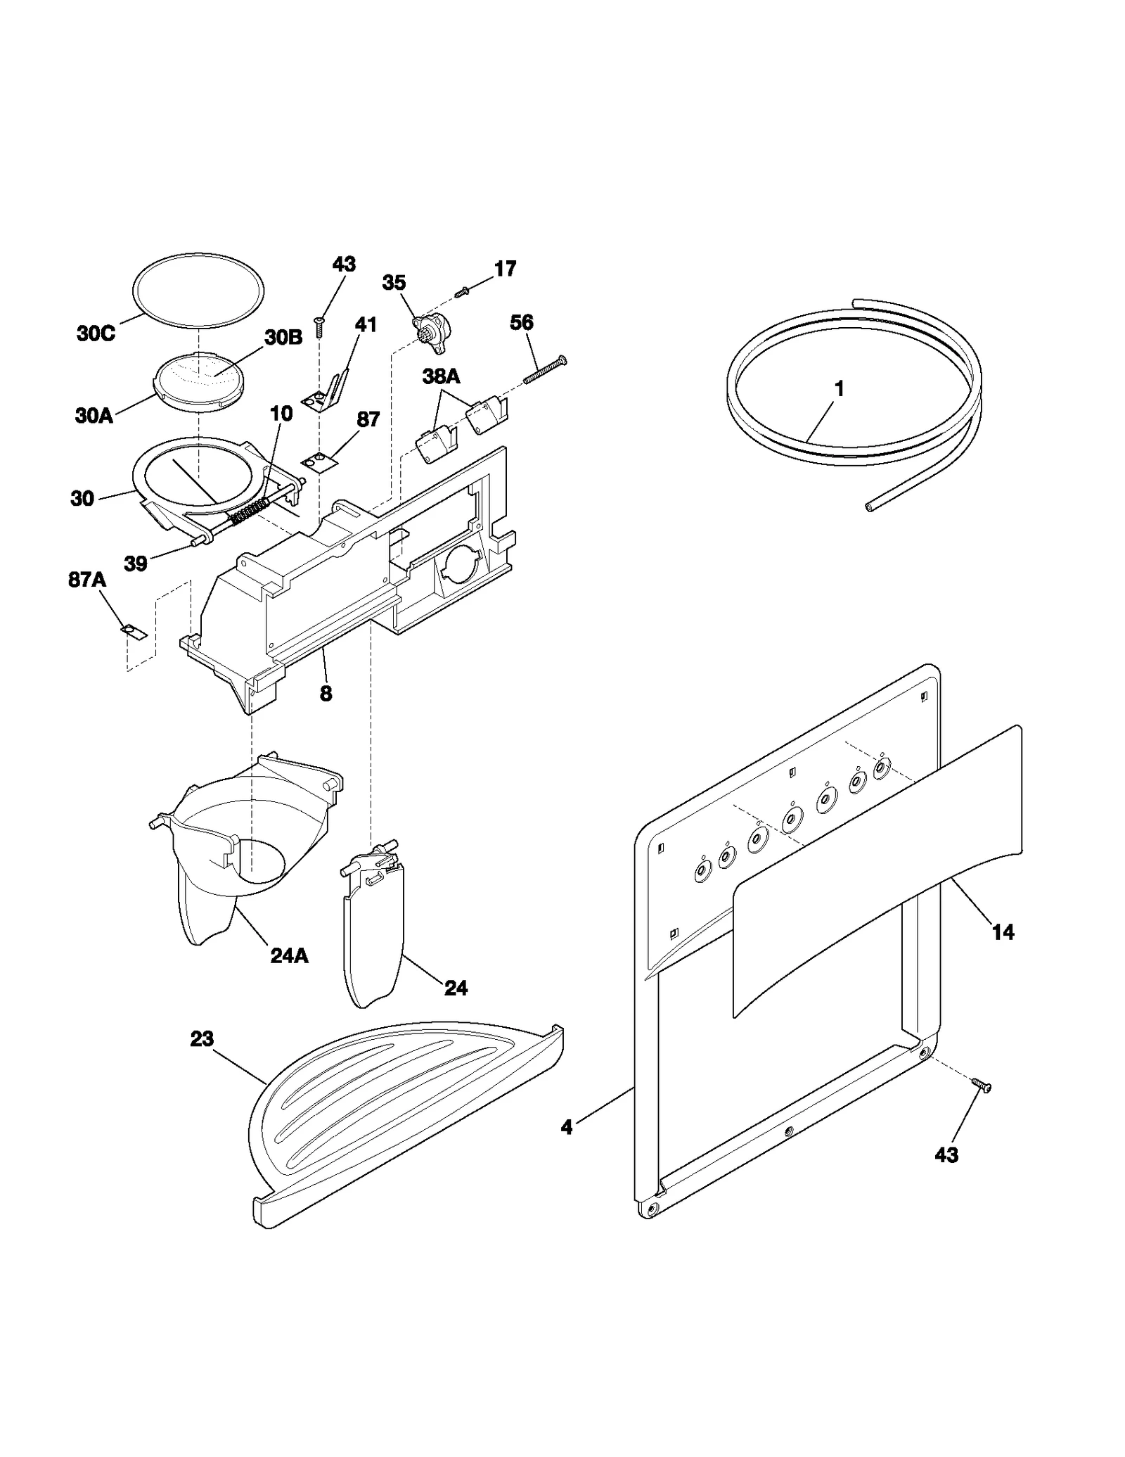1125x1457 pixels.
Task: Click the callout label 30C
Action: [x=96, y=333]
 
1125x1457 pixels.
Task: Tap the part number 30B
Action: [x=283, y=338]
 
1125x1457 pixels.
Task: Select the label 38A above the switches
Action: [x=441, y=376]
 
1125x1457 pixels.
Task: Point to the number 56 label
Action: [x=521, y=323]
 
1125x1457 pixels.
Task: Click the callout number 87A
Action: [x=87, y=580]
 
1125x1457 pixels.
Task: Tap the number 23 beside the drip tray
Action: [x=202, y=1038]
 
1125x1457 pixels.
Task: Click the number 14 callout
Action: [x=1003, y=932]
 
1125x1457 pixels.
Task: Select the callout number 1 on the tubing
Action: [x=839, y=389]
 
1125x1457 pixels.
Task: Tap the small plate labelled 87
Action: [x=319, y=460]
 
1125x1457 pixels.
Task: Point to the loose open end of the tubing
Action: [x=870, y=506]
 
